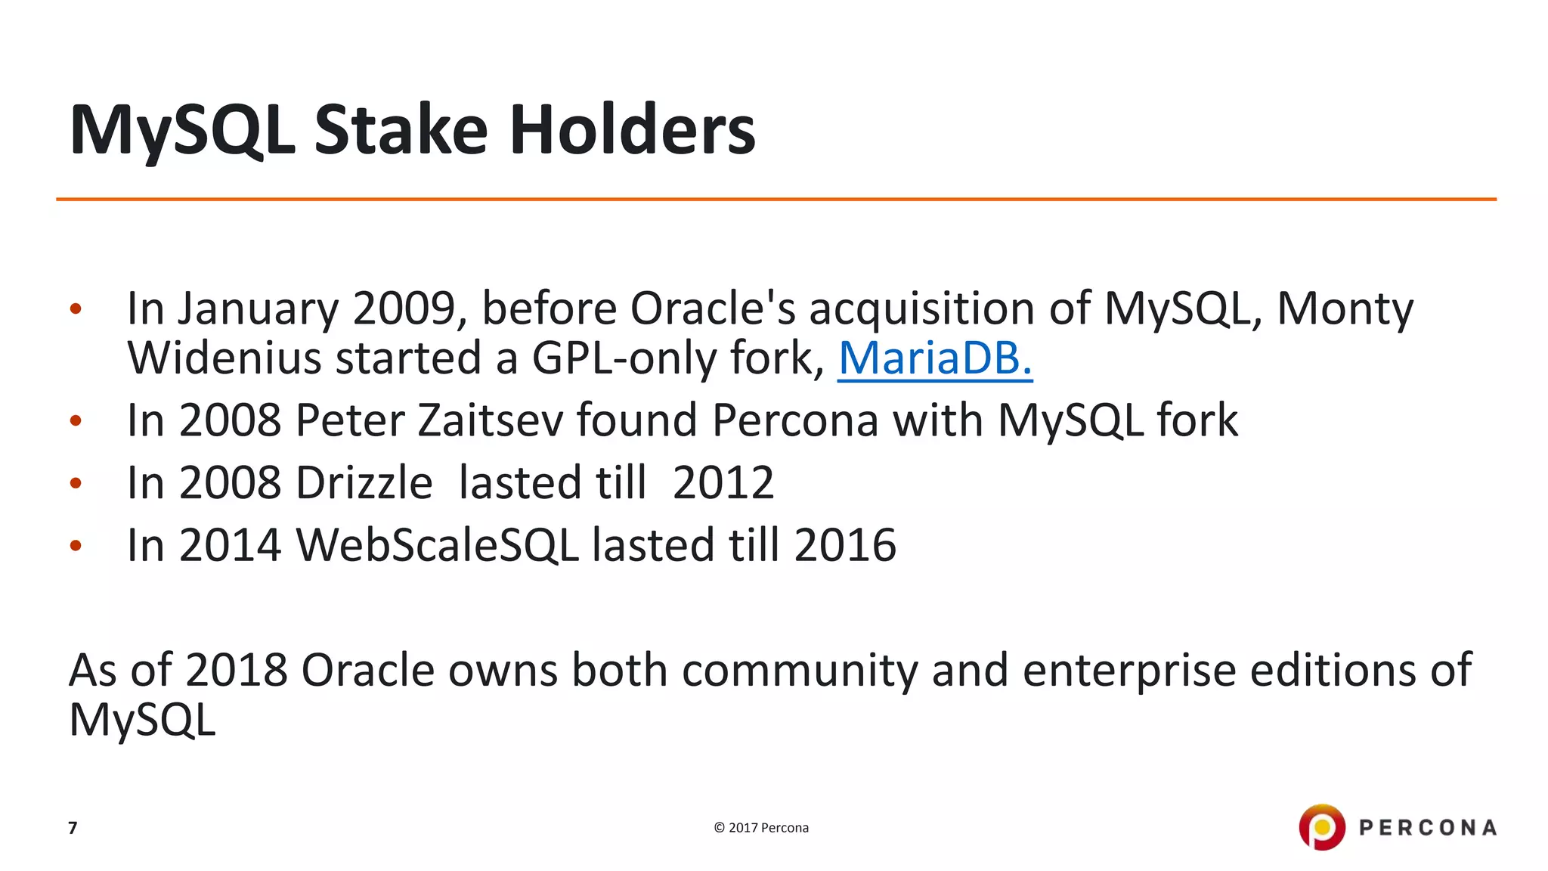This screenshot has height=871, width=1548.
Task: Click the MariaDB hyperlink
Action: tap(934, 358)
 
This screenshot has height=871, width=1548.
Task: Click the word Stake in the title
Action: tap(401, 130)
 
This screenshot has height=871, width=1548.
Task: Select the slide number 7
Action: tap(73, 828)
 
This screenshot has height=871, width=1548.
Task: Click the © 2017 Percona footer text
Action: tap(760, 828)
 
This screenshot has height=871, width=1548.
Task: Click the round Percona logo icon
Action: tap(1321, 827)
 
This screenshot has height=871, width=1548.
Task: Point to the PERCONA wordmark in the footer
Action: tap(1427, 828)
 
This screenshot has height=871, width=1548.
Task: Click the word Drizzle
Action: tap(364, 483)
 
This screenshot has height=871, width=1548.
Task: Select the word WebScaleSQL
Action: tap(437, 545)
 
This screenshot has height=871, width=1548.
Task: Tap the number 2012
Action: tap(723, 483)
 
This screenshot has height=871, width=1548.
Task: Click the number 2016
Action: tap(844, 545)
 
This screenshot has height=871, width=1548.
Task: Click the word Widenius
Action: tap(224, 358)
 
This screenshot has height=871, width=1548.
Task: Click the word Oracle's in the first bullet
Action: tap(712, 308)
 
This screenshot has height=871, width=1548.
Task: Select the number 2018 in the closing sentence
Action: tap(236, 671)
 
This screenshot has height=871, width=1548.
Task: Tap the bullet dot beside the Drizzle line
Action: tap(75, 483)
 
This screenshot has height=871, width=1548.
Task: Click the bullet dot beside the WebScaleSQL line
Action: tap(75, 545)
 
